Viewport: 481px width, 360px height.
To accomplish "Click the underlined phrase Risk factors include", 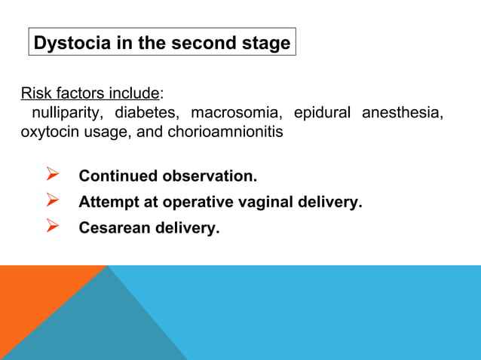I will [90, 94].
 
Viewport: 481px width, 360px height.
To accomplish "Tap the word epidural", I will [322, 113].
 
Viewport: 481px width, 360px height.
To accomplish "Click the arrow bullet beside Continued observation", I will [53, 175].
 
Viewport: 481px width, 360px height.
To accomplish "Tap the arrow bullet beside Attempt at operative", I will [53, 201].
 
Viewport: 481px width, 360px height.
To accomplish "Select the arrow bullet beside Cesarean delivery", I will [53, 227].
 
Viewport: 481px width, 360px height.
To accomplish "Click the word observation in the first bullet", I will [209, 176].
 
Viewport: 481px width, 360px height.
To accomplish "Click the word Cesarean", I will [111, 227].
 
